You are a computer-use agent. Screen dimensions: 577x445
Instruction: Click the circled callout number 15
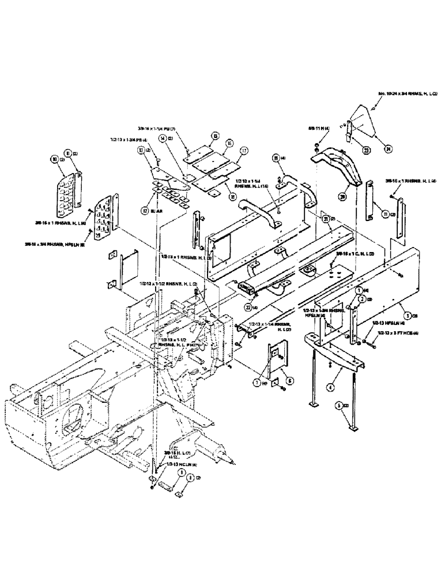tap(216, 136)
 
